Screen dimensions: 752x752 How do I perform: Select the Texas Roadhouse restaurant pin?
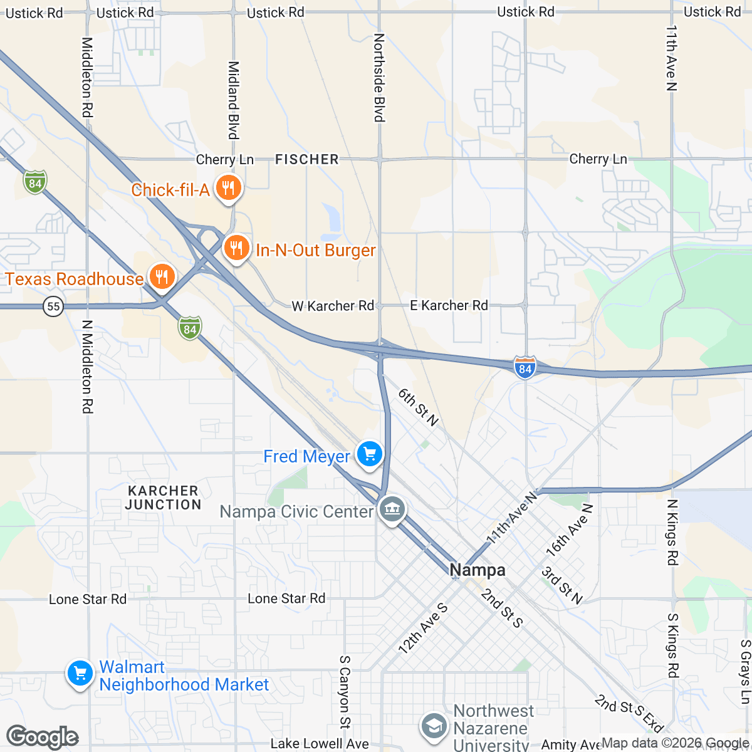tap(162, 277)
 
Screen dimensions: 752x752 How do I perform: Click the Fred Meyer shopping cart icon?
tap(369, 454)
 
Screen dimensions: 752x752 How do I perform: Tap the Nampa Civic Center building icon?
tap(392, 510)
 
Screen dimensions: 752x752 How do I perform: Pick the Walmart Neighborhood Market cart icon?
tap(80, 674)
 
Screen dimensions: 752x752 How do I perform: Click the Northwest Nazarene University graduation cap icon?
tap(432, 726)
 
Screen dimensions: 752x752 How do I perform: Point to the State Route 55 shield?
tap(54, 306)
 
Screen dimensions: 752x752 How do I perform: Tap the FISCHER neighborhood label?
tap(307, 160)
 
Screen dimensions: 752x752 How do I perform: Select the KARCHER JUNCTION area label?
tap(163, 498)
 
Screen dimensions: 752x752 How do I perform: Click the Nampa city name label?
tap(478, 570)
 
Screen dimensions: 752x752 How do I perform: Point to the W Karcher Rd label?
tap(332, 306)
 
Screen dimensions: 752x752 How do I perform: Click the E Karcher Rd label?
tap(449, 305)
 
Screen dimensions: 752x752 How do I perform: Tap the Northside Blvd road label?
tap(379, 78)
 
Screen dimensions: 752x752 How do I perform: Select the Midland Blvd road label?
tap(233, 100)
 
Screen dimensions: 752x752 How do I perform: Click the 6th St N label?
tap(418, 407)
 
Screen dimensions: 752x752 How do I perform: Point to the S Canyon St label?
tap(345, 692)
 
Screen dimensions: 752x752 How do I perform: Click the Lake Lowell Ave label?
tap(320, 744)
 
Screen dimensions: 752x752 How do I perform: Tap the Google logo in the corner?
tap(43, 737)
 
